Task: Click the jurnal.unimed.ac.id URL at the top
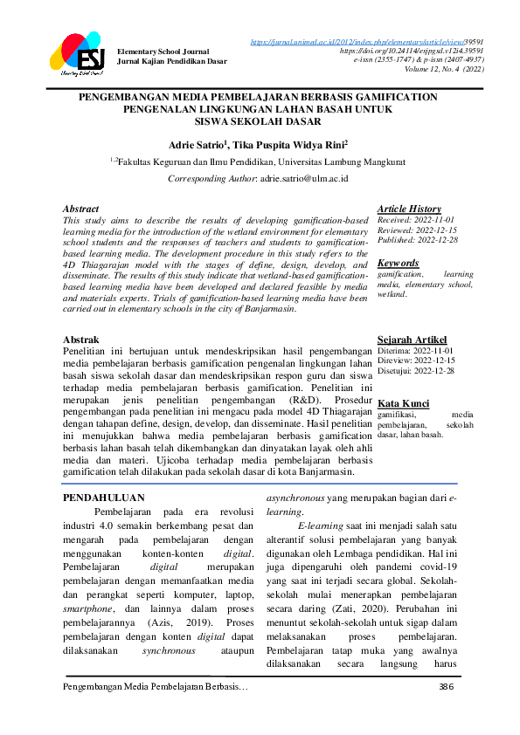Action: click(367, 41)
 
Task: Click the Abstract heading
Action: click(81, 210)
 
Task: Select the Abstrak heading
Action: click(81, 339)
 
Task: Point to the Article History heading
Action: click(409, 209)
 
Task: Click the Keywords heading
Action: click(398, 263)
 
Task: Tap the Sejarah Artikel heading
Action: click(412, 339)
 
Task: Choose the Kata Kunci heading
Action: click(403, 402)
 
